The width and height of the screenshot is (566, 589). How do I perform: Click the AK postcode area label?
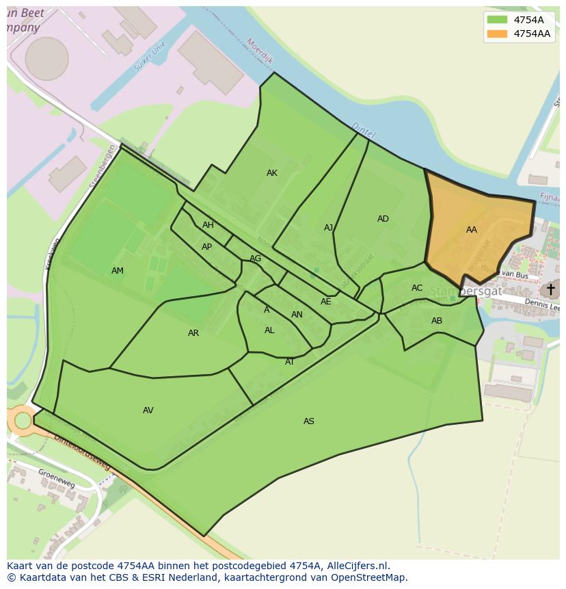point(272,173)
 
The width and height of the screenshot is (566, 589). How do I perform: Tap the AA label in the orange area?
point(472,230)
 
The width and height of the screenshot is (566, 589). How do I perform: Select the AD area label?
point(383,219)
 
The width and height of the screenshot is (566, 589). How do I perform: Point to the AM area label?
point(118,271)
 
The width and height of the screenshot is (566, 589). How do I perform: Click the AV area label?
point(148,410)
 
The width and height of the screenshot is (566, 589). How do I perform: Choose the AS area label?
point(309,421)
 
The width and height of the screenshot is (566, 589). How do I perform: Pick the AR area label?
point(193,333)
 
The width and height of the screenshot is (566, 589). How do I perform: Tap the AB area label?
point(437,321)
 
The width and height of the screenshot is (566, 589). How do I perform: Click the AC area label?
point(417,288)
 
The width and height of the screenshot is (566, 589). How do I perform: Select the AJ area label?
point(329,228)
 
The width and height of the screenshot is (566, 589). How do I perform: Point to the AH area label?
point(208,225)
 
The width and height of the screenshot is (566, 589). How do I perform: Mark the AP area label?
point(206,247)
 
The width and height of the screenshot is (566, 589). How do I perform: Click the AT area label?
point(290,362)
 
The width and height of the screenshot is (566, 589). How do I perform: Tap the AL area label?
point(269,330)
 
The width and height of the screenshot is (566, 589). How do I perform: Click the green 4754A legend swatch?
point(497,20)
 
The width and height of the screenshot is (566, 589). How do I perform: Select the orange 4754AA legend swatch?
point(497,34)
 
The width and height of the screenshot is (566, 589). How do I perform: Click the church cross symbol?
point(550,289)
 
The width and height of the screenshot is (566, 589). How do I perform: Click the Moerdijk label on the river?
point(260,51)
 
